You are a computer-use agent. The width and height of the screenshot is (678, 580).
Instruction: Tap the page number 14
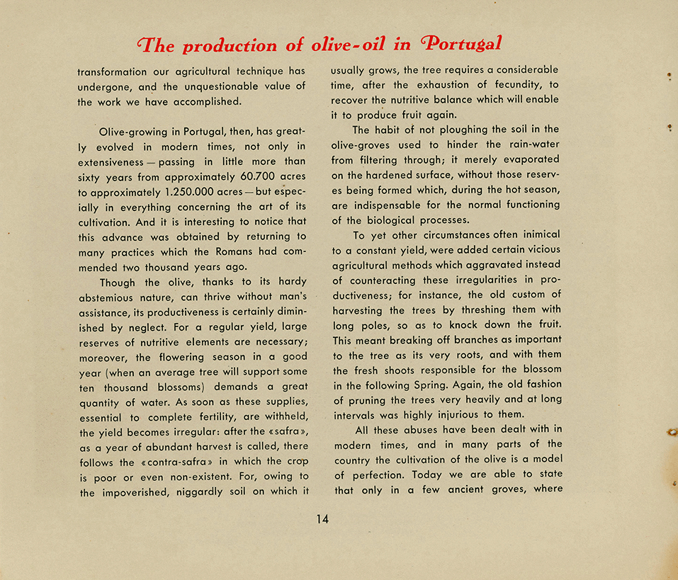point(322,519)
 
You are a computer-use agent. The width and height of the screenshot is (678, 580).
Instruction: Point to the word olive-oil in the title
point(349,45)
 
